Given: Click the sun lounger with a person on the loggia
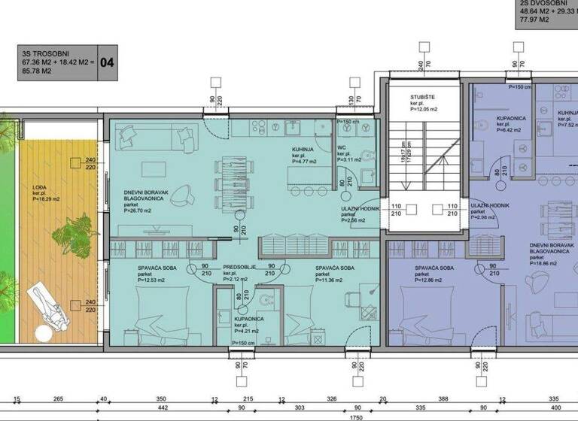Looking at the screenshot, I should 47,309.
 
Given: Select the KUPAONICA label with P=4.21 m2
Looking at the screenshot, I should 238,319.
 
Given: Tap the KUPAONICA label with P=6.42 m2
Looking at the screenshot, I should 512,119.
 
